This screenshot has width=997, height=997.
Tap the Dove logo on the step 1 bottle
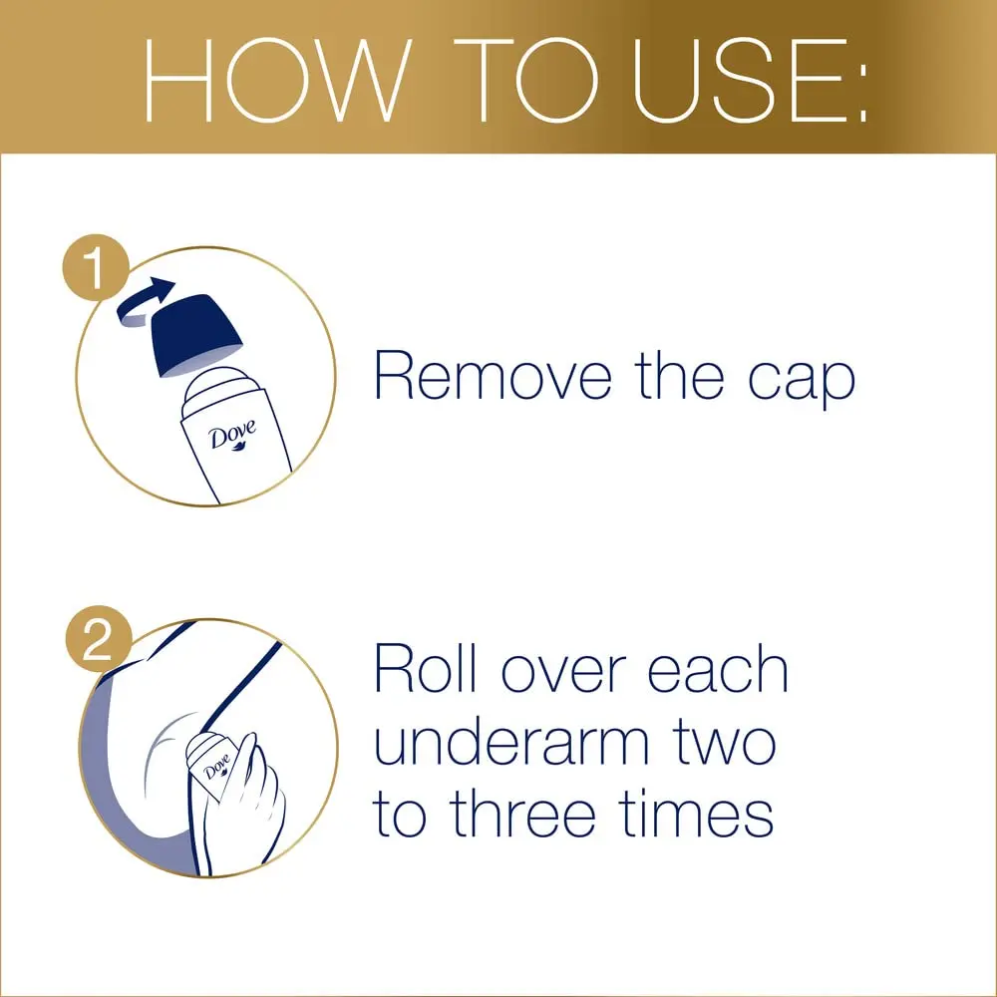click(x=231, y=437)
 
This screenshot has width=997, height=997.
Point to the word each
click(x=718, y=670)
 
